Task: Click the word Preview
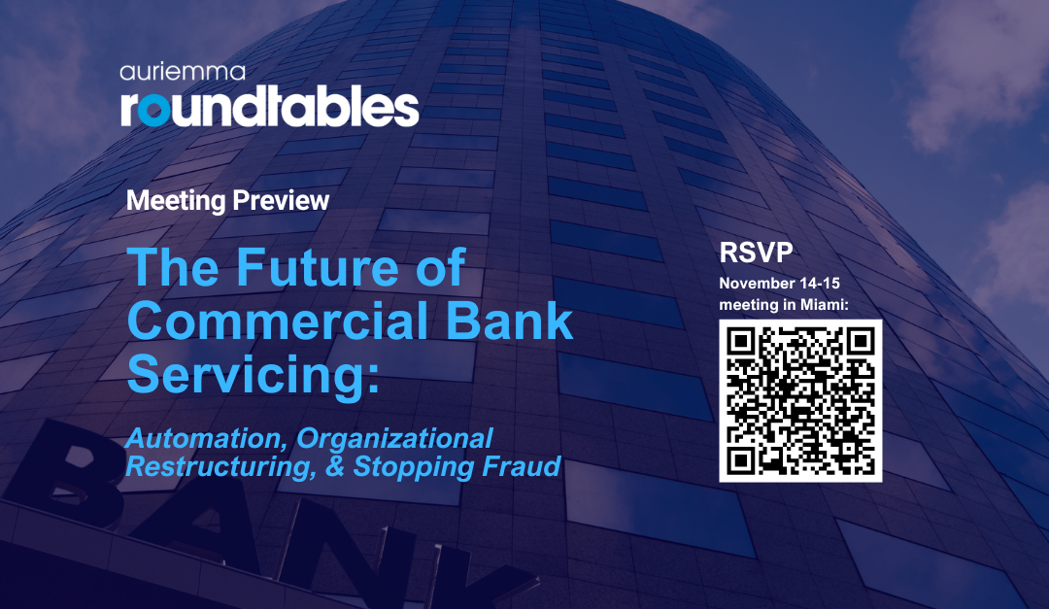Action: pyautogui.click(x=282, y=201)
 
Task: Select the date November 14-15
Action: pyautogui.click(x=777, y=284)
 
